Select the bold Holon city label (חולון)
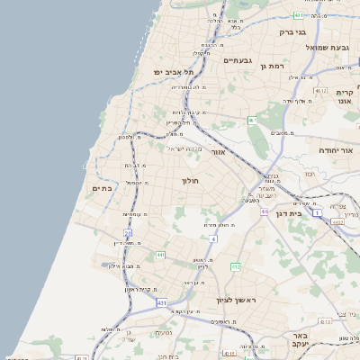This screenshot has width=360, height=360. pos(190,180)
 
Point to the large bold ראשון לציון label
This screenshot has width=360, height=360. pos(236,300)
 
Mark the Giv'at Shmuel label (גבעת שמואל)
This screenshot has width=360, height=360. pos(327,46)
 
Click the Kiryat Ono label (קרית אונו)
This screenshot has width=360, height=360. pos(346,96)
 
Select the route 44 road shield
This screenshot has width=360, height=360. pos(265,211)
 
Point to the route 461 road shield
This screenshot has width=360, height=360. pos(253,120)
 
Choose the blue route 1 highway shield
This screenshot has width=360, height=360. pos(317,213)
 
